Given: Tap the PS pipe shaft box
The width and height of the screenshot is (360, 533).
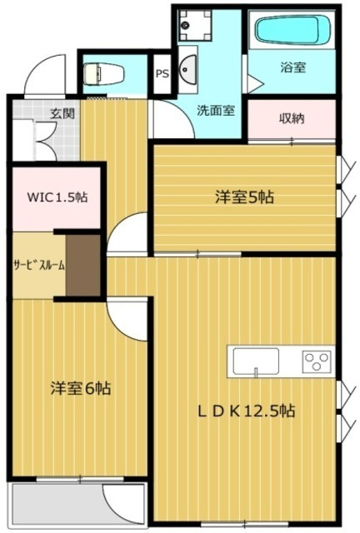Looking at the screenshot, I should tap(162, 72).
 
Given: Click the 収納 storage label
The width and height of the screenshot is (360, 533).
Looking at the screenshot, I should tap(291, 118).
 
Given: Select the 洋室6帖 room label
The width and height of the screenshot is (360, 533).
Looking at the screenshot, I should tap(81, 388).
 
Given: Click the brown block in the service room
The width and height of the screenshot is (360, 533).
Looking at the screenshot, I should tap(83, 266).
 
